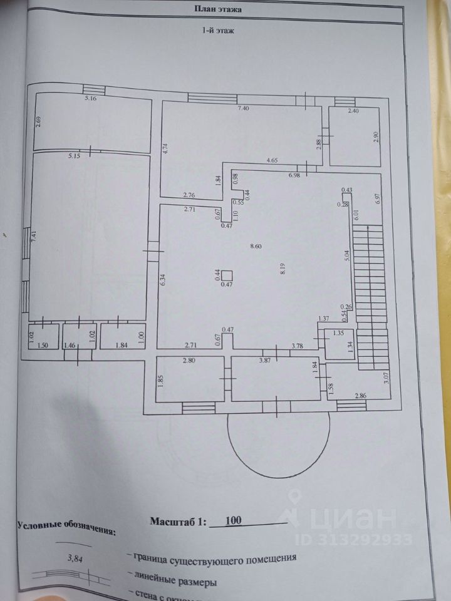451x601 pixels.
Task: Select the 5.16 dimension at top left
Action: tap(91, 99)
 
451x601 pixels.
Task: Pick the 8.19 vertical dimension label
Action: tap(283, 269)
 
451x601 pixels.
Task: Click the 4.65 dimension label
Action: tap(272, 161)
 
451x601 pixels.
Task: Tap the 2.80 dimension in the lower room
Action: tap(190, 361)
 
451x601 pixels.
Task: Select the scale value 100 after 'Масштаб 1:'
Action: tap(232, 521)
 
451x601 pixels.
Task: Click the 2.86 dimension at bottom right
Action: tap(361, 396)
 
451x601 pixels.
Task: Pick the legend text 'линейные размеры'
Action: tap(176, 582)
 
